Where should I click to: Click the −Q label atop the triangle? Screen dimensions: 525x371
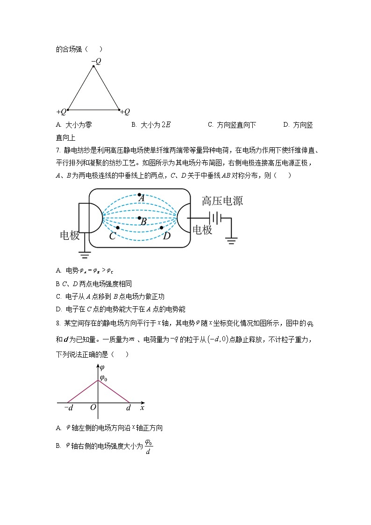96,61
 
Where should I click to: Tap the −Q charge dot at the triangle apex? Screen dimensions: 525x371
93,66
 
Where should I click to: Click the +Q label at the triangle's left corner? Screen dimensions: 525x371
61,112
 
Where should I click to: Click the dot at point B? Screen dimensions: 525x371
139,218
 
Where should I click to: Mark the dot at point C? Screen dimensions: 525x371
118,228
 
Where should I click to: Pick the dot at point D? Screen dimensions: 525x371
162,228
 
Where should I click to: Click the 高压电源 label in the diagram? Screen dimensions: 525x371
222,201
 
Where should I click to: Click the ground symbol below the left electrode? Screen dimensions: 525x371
85,255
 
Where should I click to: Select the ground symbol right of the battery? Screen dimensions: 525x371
231,241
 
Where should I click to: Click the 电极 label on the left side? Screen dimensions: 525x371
70,235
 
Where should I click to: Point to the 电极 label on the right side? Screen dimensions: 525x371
202,230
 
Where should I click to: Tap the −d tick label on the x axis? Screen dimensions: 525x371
68,408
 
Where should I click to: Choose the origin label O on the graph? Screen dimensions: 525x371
93,408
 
